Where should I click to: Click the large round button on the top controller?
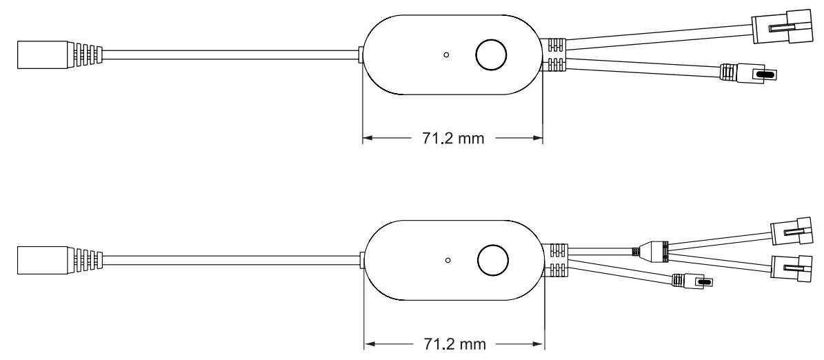[x=492, y=54]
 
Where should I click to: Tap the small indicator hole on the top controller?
[x=446, y=54]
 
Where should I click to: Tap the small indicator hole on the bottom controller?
[x=448, y=260]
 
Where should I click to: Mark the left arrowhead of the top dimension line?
[x=368, y=138]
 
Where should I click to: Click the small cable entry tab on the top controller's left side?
[x=362, y=54]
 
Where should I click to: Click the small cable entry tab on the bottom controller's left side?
[x=363, y=259]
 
